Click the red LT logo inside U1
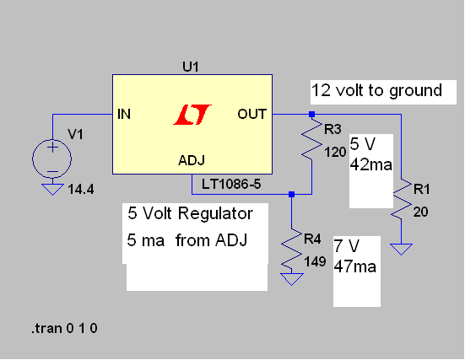(x=192, y=115)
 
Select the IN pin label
(x=124, y=114)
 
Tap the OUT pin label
(x=251, y=114)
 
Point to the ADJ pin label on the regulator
(x=192, y=160)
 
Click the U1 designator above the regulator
(x=191, y=67)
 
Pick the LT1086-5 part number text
(x=231, y=185)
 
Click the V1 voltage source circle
(x=51, y=159)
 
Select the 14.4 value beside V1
(x=81, y=190)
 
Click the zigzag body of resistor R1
(x=402, y=199)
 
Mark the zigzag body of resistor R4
(x=291, y=249)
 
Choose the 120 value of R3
(x=335, y=153)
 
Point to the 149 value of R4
(x=315, y=261)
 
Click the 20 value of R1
(x=420, y=212)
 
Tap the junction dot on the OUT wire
(x=311, y=115)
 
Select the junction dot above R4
(x=291, y=195)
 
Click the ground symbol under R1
(x=401, y=250)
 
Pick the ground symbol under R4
(x=291, y=279)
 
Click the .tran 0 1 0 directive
(x=64, y=328)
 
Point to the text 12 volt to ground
(x=376, y=91)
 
